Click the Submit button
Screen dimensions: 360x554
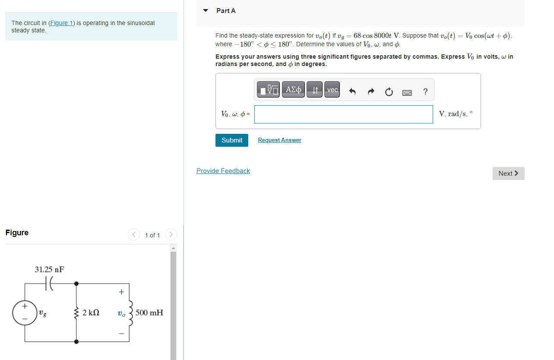232,140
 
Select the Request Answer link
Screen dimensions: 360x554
279,140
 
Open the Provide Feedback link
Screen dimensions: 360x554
223,171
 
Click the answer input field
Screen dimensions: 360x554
343,114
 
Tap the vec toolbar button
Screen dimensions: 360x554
332,90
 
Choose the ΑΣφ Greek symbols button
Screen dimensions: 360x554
294,90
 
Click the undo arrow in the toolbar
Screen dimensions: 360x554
352,92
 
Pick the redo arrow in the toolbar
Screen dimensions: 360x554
370,92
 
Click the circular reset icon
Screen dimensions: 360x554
389,92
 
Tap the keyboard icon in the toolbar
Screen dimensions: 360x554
407,92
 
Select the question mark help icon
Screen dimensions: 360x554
425,92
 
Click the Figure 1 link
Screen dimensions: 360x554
62,23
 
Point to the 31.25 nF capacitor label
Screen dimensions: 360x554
50,269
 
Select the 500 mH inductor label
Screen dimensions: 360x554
149,313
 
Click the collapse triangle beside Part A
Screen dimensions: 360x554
206,10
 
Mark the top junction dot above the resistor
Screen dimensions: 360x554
76,284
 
